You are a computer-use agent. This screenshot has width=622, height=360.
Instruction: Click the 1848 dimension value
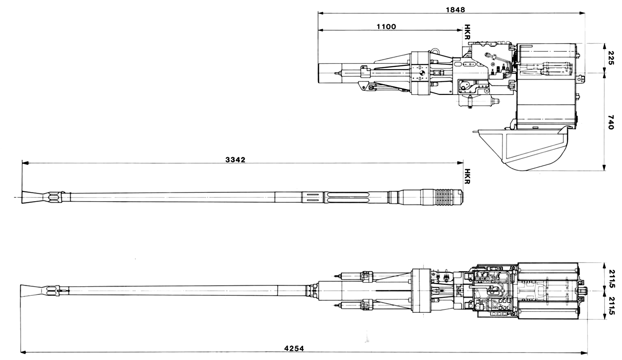(455, 10)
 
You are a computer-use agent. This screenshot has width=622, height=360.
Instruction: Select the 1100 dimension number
(386, 27)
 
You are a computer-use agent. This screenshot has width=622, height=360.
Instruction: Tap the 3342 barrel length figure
(236, 160)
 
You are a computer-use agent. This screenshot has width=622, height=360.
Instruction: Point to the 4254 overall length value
(294, 348)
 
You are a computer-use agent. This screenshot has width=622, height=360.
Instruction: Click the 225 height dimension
(611, 58)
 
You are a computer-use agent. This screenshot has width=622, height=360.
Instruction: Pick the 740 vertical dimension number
(611, 122)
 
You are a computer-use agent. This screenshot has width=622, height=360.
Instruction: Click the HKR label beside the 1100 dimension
(467, 32)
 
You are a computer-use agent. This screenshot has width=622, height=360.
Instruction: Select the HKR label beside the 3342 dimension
(467, 176)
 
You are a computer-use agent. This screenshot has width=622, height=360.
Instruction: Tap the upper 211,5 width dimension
(612, 279)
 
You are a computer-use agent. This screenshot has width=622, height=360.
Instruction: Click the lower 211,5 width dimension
(612, 306)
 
